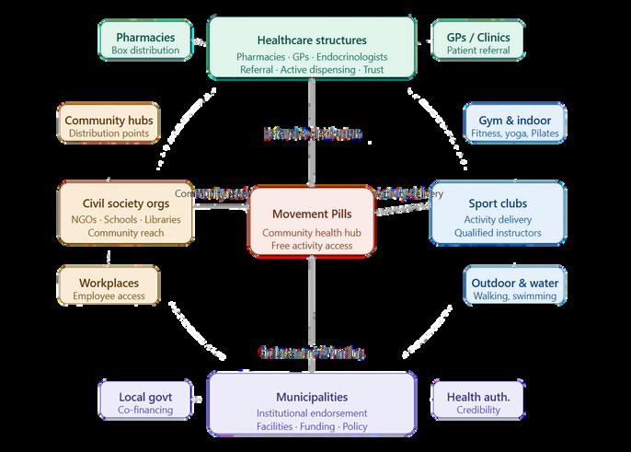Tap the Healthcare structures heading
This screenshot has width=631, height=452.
tap(311, 40)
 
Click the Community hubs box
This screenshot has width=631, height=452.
tap(109, 126)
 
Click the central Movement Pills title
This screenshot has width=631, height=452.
tap(311, 214)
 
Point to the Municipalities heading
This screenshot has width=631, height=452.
tap(311, 397)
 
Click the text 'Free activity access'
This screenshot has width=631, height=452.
tap(311, 246)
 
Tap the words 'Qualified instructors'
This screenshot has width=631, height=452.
tap(497, 233)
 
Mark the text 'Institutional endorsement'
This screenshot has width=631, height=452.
tap(311, 413)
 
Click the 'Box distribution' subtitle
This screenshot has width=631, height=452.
tap(145, 50)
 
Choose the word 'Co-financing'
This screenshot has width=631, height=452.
tap(145, 410)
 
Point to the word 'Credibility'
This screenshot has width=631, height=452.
tap(477, 410)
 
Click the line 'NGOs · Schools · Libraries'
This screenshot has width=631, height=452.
tap(125, 219)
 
